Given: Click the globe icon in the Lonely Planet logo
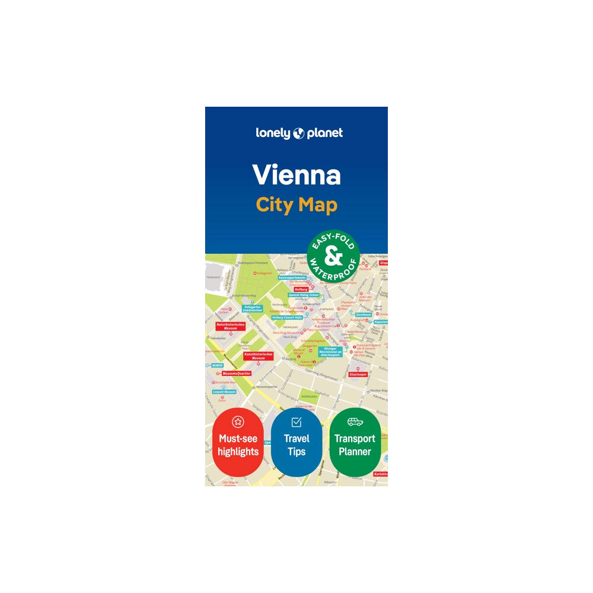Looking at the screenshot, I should coord(298,133).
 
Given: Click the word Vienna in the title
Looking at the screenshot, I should coord(296,174).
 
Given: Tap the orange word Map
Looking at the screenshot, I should coord(317,205).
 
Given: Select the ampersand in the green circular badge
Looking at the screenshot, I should coord(333,256).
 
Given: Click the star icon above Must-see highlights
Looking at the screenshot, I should coord(237,422).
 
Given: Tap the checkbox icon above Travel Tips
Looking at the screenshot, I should coord(296,422).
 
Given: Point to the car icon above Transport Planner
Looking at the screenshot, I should coord(355,422).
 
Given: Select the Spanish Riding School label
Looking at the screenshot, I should coord(304,295).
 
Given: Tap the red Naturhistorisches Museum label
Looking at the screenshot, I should coord(231,326).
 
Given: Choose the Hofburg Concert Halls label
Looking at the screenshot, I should coord(288,317).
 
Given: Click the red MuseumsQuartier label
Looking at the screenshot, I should coord(236,374).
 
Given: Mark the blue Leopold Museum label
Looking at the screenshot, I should coord(225,392).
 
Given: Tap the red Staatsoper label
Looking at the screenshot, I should coord(358,375).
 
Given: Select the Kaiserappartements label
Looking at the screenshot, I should coord(293,278).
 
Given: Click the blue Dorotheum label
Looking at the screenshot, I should coord(363,315).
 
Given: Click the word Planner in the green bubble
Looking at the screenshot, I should coord(355,452).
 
